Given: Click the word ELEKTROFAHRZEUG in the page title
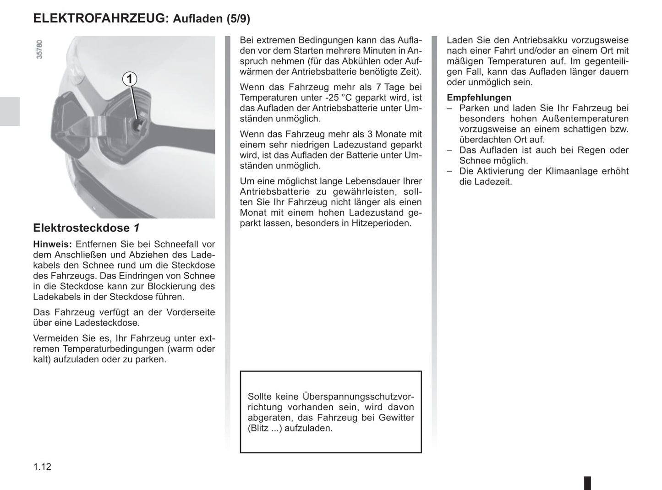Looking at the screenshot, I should pyautogui.click(x=101, y=18).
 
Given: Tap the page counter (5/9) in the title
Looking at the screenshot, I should pyautogui.click(x=238, y=19).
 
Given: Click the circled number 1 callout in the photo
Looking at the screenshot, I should pyautogui.click(x=130, y=79).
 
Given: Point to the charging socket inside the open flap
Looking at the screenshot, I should pyautogui.click(x=137, y=125).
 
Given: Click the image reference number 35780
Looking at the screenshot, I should pyautogui.click(x=39, y=49).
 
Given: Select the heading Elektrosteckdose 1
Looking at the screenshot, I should pyautogui.click(x=86, y=228).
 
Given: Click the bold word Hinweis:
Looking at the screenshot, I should pyautogui.click(x=53, y=244).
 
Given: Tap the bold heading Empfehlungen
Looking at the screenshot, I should pyautogui.click(x=479, y=98).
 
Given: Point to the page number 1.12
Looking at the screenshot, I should pyautogui.click(x=42, y=467).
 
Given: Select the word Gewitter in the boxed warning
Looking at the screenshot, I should pyautogui.click(x=396, y=418).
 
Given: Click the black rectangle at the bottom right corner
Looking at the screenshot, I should pyautogui.click(x=587, y=483).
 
